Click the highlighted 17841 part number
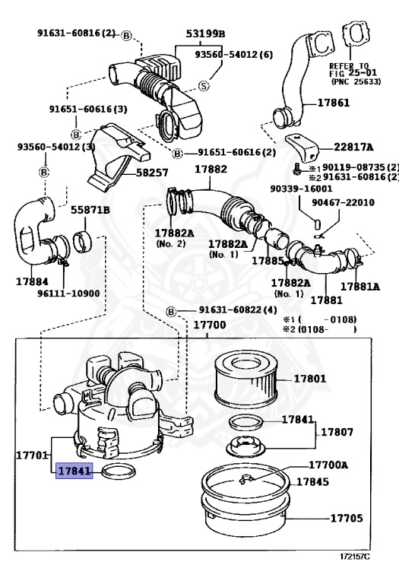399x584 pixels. [74, 471]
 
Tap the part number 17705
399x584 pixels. [346, 518]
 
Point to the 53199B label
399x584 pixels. [205, 34]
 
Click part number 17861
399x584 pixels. [334, 103]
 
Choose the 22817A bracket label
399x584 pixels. [353, 148]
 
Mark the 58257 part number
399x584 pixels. [152, 173]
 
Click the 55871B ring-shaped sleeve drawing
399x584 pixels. [84, 241]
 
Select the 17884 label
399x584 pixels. [32, 281]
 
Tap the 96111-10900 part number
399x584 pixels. [68, 294]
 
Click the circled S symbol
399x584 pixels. [204, 87]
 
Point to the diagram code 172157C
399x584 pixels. [355, 557]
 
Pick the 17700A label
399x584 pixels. [328, 465]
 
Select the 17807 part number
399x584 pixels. [337, 433]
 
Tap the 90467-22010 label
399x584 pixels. [344, 202]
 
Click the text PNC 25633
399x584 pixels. [356, 81]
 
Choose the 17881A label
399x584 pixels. [360, 287]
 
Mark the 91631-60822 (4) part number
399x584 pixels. [238, 310]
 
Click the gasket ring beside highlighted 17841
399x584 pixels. [119, 471]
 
